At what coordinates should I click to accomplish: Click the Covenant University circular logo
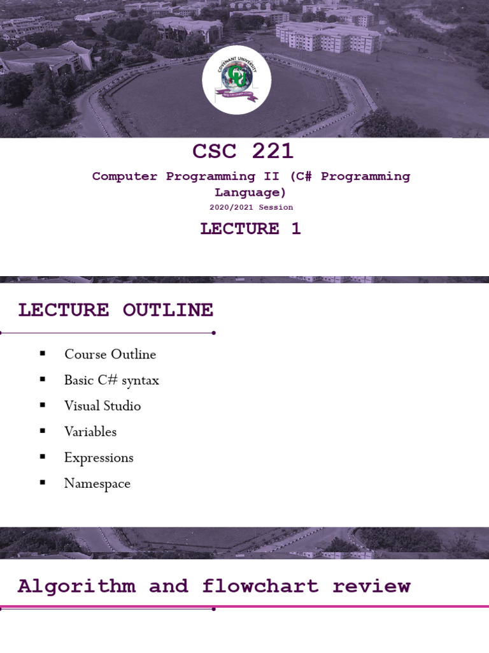click(x=237, y=80)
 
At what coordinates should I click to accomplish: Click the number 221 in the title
click(x=273, y=152)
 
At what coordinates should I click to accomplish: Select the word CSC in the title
click(x=215, y=152)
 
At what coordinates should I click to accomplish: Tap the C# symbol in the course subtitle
click(x=304, y=177)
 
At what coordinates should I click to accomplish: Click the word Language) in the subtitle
click(x=250, y=193)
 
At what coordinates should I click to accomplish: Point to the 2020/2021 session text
click(x=251, y=207)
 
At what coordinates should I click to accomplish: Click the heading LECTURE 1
click(x=250, y=229)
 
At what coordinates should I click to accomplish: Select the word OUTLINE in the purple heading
click(x=167, y=311)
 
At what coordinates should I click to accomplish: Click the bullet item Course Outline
click(x=110, y=354)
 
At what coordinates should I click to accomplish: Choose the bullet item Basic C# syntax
click(x=111, y=380)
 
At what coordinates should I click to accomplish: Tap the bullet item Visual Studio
click(x=102, y=406)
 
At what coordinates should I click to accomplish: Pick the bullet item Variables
click(x=90, y=432)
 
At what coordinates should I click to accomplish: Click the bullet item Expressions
click(x=99, y=457)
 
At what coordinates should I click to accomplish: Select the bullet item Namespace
click(x=97, y=483)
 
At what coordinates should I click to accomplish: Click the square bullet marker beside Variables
click(x=43, y=431)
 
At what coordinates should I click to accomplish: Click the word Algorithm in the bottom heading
click(x=76, y=586)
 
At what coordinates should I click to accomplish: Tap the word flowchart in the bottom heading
click(x=260, y=586)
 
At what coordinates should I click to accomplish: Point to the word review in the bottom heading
click(x=371, y=586)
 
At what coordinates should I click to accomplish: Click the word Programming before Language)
click(x=365, y=177)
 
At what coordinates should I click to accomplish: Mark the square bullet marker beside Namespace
click(x=43, y=483)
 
